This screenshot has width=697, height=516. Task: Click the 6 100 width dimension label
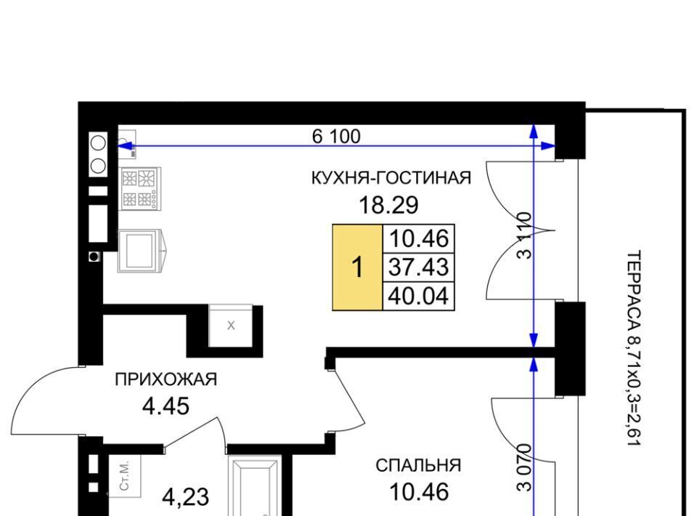click(x=336, y=136)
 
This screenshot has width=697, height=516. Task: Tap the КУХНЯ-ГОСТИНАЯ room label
click(x=391, y=178)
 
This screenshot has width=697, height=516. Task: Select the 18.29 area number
click(x=388, y=205)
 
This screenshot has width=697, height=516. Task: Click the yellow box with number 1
click(x=357, y=267)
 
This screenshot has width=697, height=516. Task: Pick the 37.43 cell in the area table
click(x=418, y=267)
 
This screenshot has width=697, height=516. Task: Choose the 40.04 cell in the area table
click(x=418, y=296)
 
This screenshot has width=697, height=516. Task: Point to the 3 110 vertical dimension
click(x=525, y=235)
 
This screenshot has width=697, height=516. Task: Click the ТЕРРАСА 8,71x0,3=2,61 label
click(x=634, y=348)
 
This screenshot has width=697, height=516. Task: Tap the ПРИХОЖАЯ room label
click(x=166, y=379)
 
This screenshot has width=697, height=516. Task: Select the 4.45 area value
click(x=166, y=406)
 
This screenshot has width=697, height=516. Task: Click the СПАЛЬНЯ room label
click(x=418, y=465)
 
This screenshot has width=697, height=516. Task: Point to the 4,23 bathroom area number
click(x=185, y=497)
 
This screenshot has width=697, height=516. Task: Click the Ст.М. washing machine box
click(x=125, y=475)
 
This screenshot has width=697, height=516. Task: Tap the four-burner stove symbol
click(x=140, y=189)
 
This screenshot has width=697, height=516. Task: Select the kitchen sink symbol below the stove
click(x=140, y=251)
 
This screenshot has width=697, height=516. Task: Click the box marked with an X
click(x=231, y=325)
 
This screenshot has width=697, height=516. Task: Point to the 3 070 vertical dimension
click(x=525, y=467)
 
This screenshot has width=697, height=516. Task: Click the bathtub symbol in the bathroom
click(x=255, y=485)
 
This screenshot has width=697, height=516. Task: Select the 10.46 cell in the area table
click(x=418, y=239)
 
